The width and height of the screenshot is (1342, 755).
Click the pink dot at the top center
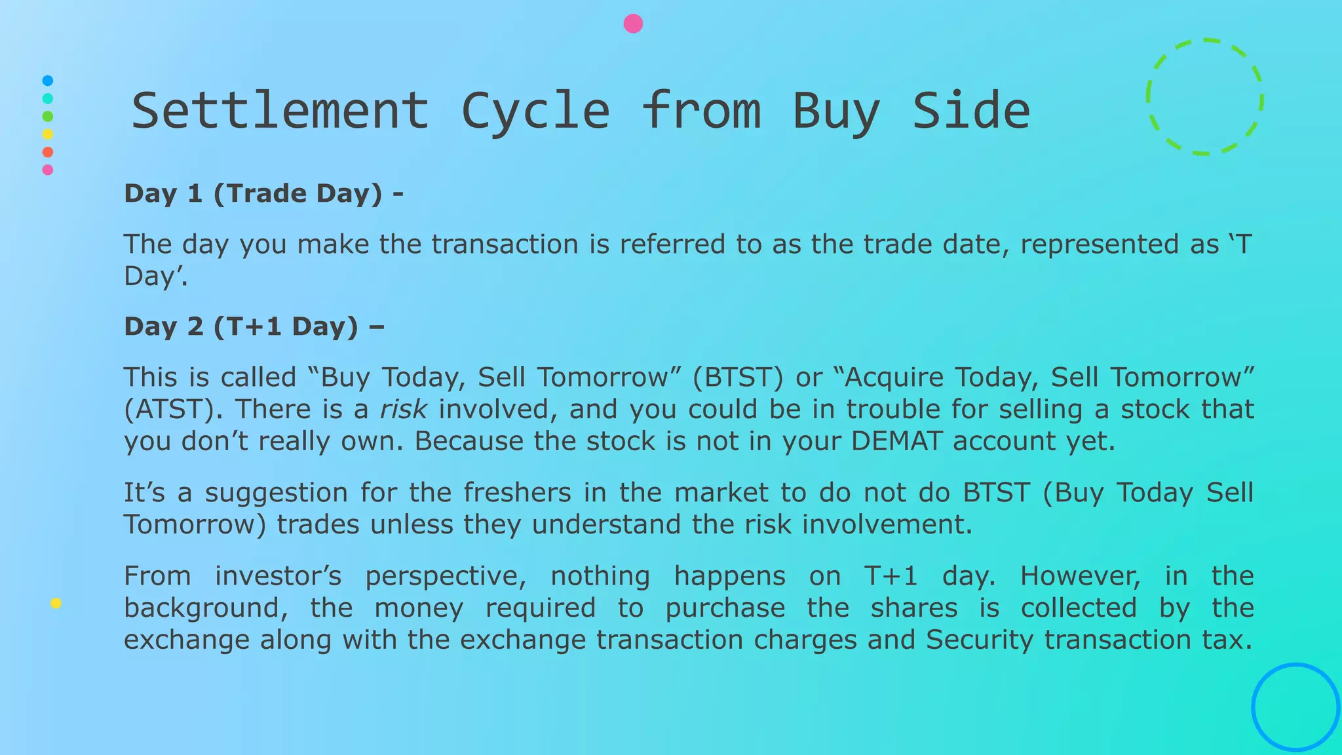pyautogui.click(x=633, y=24)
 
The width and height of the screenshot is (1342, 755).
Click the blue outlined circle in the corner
pyautogui.click(x=1295, y=707)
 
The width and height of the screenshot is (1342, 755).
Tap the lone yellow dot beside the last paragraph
pyautogui.click(x=56, y=604)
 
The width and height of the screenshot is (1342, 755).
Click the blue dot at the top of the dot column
pyautogui.click(x=47, y=81)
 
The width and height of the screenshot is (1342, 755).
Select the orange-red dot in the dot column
pyautogui.click(x=47, y=152)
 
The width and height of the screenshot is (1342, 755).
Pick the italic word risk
pyautogui.click(x=403, y=410)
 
